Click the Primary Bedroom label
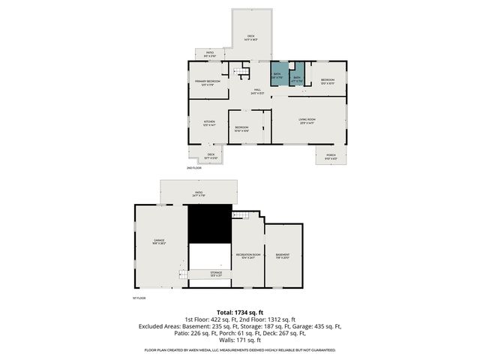pos(205,82)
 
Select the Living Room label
pos(306,121)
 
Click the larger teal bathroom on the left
pos(277,76)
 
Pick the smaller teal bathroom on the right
pos(296,79)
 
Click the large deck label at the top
pos(251,37)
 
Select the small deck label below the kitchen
pos(211,156)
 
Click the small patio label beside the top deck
pos(210,54)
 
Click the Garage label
pos(159,242)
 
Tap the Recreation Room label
pos(247,256)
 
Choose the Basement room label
pos(283,256)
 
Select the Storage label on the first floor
pos(215,274)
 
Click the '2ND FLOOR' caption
pos(193,168)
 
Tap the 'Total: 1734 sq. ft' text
pos(240,311)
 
